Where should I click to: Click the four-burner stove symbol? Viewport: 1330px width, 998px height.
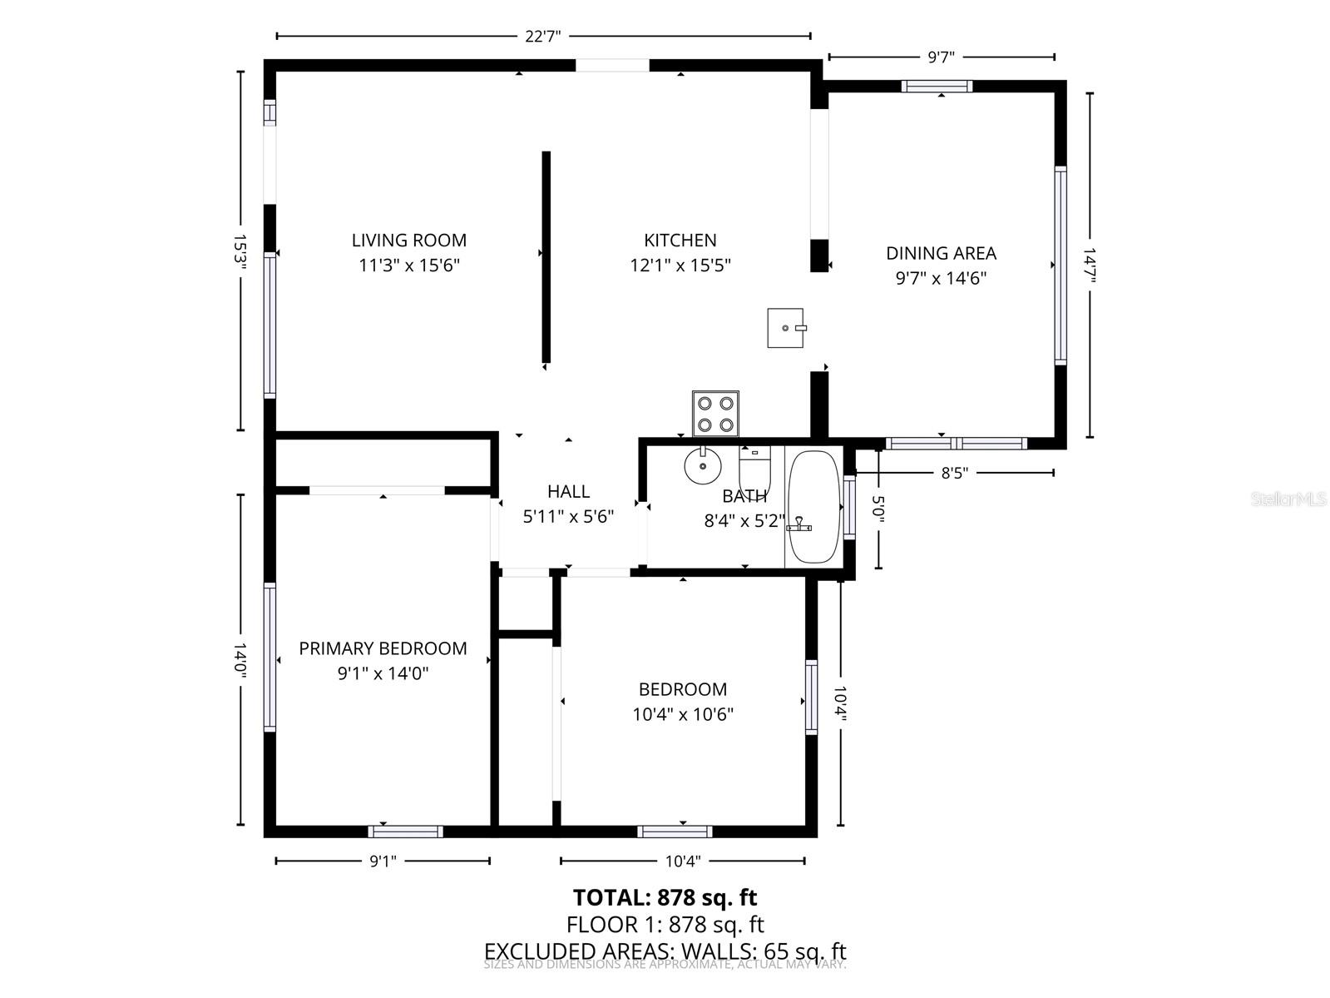coord(715,414)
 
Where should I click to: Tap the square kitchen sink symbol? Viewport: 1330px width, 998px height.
coord(785,327)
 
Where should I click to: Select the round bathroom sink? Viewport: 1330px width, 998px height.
coord(703,466)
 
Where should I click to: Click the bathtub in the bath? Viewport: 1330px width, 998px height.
coord(815,507)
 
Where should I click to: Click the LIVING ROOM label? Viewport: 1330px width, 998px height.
coord(408,241)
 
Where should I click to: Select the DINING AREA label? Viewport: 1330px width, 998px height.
coord(940,253)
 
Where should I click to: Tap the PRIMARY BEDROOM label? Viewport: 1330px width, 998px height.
coord(383,648)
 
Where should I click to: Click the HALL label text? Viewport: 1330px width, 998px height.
coord(568,492)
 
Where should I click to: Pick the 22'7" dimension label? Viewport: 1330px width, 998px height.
coord(543,37)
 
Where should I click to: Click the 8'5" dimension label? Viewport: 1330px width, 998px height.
coord(954,473)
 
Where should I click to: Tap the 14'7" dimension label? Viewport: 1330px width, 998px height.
coord(1090,264)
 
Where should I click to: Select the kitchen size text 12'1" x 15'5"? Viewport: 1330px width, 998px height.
coord(680,266)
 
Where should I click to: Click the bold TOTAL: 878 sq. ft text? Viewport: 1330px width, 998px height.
coord(665,897)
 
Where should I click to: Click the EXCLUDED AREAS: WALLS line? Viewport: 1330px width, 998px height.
coord(665,951)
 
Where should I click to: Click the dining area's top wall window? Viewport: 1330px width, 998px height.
coord(937,87)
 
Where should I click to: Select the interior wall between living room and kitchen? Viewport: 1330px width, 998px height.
coord(546,257)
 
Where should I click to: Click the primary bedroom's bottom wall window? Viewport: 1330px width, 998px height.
coord(405,831)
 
